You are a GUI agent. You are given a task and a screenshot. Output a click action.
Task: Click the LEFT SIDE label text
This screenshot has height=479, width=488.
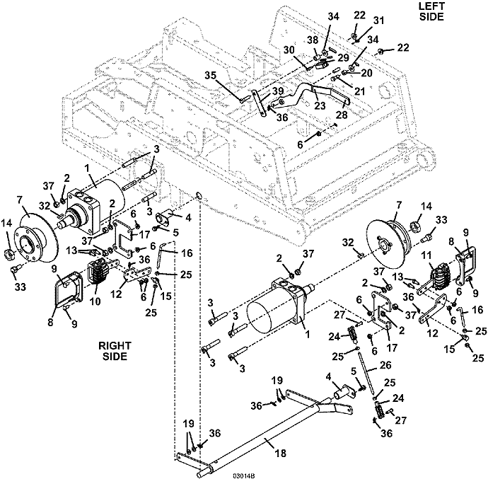tap(431, 11)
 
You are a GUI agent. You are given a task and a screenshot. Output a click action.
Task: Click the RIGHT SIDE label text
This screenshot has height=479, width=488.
tap(115, 351)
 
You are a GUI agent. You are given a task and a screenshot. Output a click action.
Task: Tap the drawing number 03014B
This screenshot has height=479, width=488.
tap(244, 475)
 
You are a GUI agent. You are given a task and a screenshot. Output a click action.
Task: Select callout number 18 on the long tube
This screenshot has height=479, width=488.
tap(280, 453)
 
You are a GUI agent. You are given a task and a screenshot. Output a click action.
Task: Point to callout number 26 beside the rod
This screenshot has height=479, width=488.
tap(385, 365)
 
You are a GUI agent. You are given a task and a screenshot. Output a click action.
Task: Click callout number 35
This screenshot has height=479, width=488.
tap(211, 76)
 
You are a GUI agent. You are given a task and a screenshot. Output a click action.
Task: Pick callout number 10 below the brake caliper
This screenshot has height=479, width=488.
tap(95, 301)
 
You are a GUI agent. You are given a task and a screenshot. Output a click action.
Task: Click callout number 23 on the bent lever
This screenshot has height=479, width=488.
tap(320, 105)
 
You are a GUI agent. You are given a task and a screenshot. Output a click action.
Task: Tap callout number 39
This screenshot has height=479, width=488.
tap(278, 91)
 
